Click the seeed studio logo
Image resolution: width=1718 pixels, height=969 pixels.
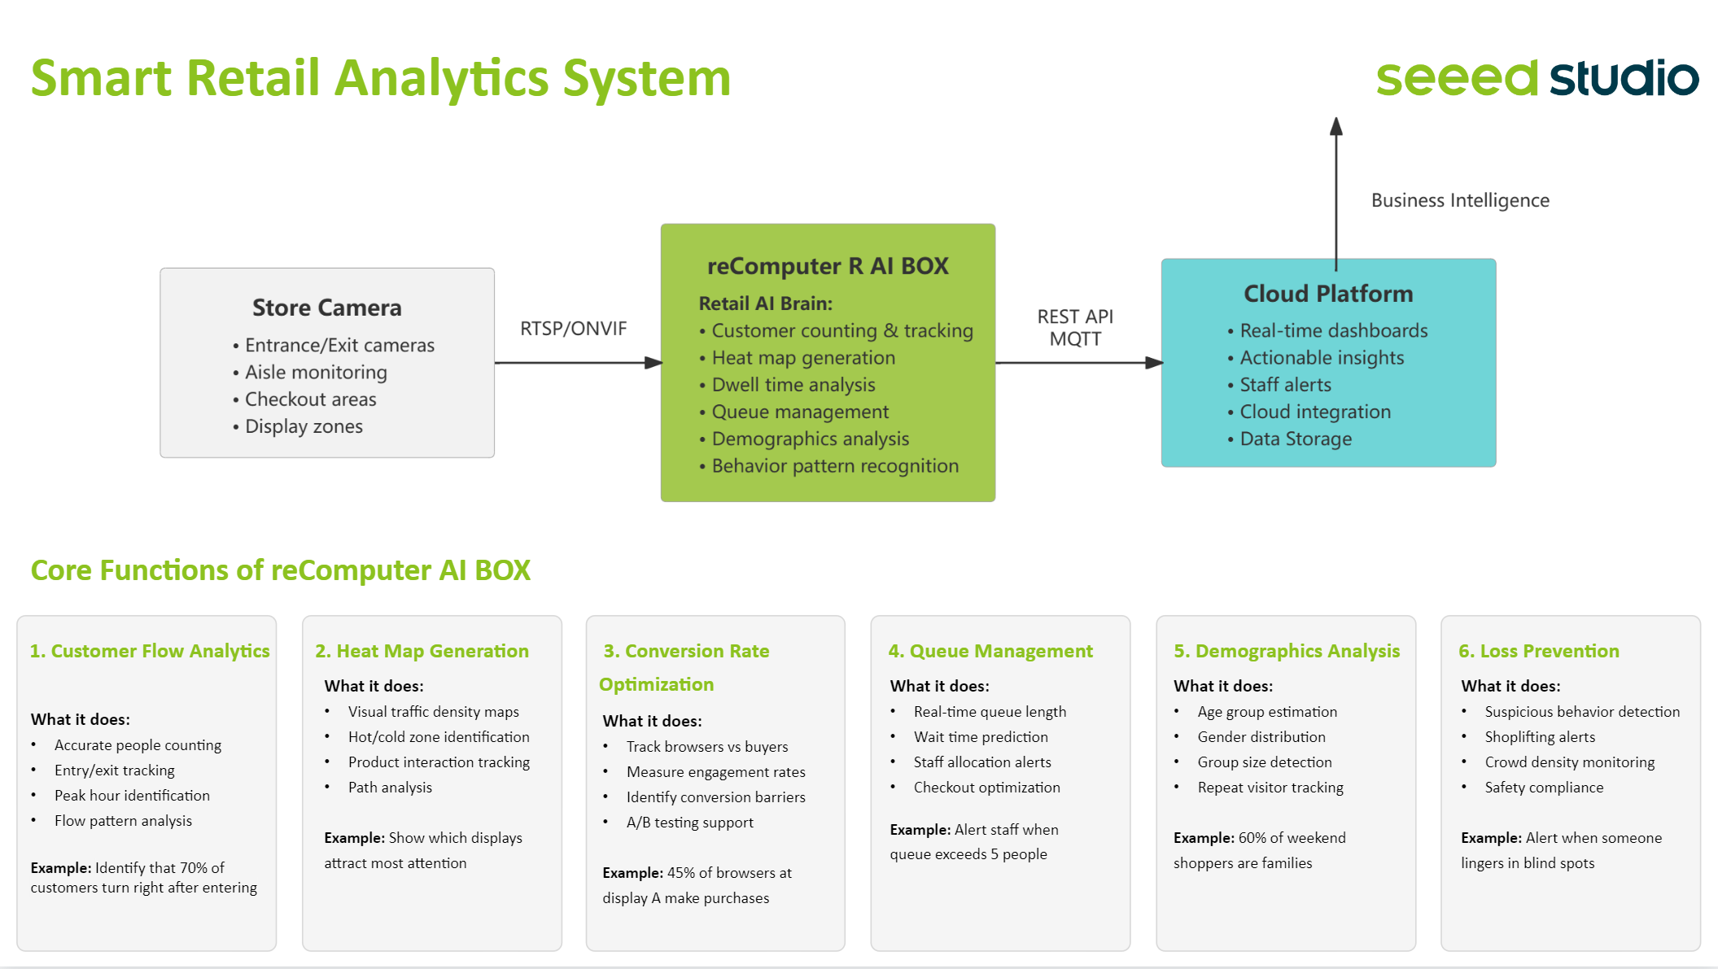[x=1537, y=78]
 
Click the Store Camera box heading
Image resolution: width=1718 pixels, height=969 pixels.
[x=326, y=308]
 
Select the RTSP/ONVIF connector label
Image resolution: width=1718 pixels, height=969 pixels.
[x=573, y=329]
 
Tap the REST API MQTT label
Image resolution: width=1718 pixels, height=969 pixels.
[x=1075, y=328]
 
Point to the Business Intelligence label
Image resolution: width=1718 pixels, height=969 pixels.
[x=1460, y=200]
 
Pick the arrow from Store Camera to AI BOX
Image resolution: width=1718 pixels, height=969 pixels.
[x=578, y=363]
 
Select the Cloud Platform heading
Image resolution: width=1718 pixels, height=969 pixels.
[x=1328, y=294]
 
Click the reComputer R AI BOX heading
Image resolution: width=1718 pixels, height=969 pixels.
[x=828, y=266]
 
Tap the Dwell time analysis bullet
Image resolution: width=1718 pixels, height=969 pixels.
[x=793, y=385]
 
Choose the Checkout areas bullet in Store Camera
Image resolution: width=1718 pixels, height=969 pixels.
[x=310, y=399]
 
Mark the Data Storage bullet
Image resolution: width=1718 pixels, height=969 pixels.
[x=1295, y=439]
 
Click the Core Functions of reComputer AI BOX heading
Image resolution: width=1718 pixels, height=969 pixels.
[x=281, y=570]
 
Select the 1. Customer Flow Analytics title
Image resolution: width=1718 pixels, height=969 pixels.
[x=150, y=651]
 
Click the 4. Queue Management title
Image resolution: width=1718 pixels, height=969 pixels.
[x=990, y=651]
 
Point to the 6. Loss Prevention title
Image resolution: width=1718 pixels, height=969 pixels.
[x=1538, y=651]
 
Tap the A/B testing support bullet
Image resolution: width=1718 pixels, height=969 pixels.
[x=689, y=823]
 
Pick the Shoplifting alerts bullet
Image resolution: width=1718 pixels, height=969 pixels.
[x=1539, y=737]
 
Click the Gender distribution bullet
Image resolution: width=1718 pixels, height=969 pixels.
[x=1261, y=737]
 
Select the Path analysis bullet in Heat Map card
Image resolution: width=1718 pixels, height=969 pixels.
[x=390, y=788]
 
